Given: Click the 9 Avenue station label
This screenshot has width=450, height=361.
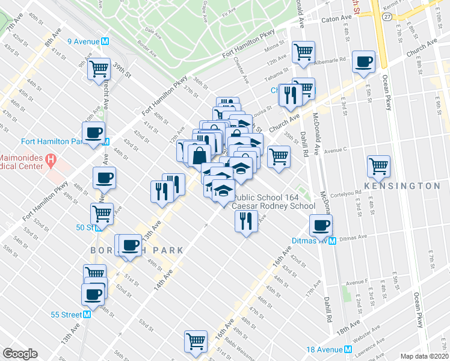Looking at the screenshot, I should coord(84,42).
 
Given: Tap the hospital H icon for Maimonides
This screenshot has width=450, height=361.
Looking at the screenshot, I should coord(51,161).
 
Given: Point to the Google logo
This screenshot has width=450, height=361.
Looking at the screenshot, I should coord(20,354).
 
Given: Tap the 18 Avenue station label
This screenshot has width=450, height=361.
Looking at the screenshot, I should coord(325,350).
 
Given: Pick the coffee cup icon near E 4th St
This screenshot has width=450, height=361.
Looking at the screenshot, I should coord(364,62).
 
